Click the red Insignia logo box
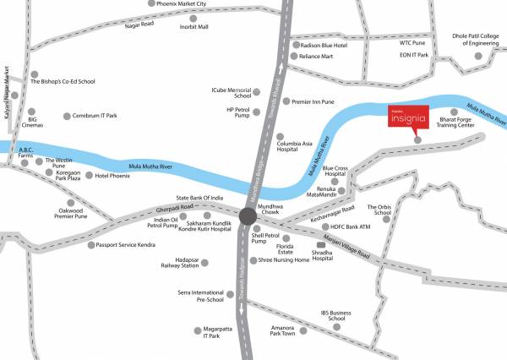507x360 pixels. [407, 117]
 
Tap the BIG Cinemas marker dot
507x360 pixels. [31, 111]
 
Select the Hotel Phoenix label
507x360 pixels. [112, 176]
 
